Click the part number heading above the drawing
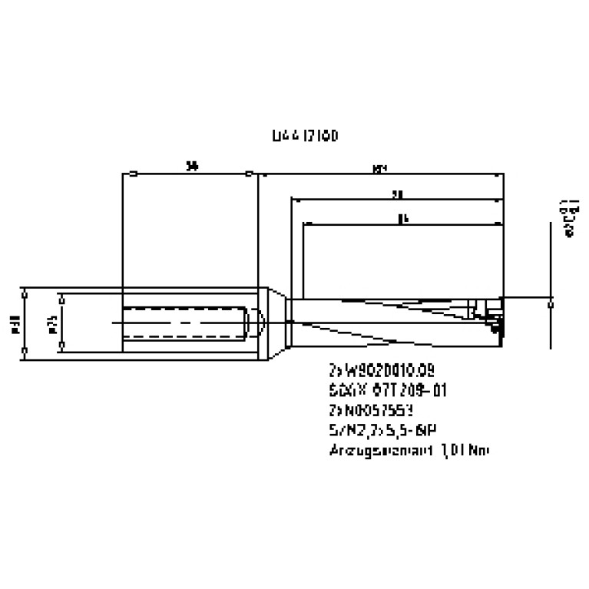coord(305,136)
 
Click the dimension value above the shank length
coord(192,165)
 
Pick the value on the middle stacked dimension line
coord(396,195)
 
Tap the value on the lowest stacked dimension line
coord(402,220)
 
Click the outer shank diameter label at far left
coord(15,323)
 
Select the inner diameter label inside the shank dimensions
coord(52,323)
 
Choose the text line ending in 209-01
coord(387,390)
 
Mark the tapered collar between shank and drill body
coord(276,323)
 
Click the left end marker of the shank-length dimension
coord(134,174)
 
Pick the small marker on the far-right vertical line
coord(551,303)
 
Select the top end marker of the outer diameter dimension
coord(25,293)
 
